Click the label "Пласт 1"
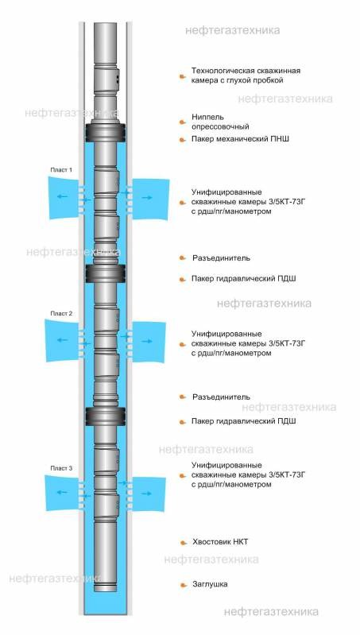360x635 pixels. pos(61,170)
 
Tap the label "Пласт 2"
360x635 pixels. pos(61,313)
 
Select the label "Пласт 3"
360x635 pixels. pos(61,468)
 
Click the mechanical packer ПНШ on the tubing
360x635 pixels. pos(105,133)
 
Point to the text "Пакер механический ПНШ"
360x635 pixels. pos(240,139)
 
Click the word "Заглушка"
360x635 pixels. pos(210,584)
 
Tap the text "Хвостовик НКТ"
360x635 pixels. pos(220,541)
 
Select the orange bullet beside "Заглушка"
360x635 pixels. pos(184,584)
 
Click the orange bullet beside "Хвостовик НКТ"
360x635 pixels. pos(184,542)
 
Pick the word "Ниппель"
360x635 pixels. pos(207,118)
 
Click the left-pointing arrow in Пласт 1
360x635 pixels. pos(62,196)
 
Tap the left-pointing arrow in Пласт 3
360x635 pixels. pos(62,492)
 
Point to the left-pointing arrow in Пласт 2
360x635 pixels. pos(62,340)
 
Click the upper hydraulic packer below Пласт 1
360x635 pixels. pos(105,273)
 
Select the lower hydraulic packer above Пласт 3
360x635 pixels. pos(105,416)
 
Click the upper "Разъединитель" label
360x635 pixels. pos(221,258)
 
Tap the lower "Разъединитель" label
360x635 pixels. pos(221,397)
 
